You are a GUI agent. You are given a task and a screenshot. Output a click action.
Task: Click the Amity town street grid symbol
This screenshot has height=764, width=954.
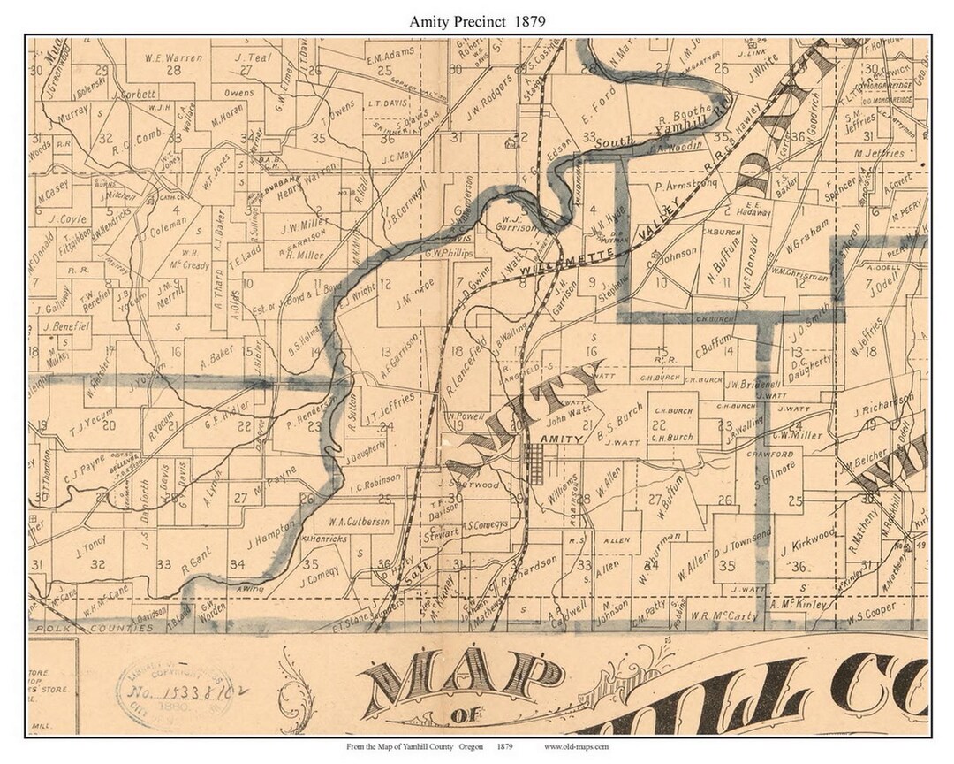click(534, 459)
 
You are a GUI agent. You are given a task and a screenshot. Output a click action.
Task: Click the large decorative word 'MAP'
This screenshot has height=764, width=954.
click(462, 683)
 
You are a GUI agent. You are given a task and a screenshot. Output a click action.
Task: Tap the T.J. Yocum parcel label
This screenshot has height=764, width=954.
click(95, 424)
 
